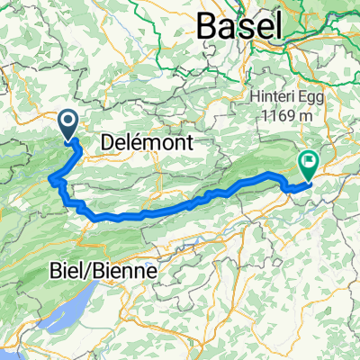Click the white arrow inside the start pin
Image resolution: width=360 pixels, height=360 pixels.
pyautogui.click(x=68, y=121)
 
